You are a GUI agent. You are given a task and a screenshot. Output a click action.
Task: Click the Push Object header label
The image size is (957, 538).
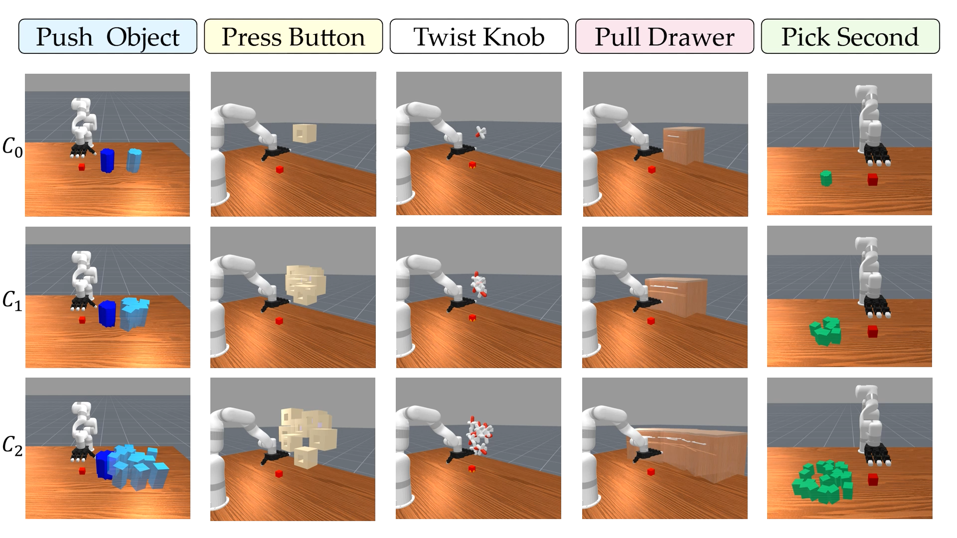pos(108,36)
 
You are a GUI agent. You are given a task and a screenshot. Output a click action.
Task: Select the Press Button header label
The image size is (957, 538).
pos(293,36)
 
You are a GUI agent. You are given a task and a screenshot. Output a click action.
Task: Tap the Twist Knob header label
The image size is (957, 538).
pos(479,36)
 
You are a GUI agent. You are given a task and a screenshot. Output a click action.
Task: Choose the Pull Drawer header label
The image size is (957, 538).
pos(664,36)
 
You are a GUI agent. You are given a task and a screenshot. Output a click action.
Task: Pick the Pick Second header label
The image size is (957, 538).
pos(850,36)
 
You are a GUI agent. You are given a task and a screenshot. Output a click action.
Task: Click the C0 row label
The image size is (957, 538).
pos(12,147)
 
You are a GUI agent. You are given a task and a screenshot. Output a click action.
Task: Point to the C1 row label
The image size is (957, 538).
pos(12,300)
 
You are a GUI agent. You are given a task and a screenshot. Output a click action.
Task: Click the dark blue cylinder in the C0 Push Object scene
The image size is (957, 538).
pos(107,160)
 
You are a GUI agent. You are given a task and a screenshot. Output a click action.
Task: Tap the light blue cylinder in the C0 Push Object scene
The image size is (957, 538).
pos(134,160)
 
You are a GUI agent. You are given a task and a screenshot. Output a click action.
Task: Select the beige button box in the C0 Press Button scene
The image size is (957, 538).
pos(304,133)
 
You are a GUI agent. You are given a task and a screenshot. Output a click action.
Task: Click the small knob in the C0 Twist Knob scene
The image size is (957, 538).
pos(480,132)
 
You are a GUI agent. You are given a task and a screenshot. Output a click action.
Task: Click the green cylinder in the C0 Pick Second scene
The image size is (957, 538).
pos(826,178)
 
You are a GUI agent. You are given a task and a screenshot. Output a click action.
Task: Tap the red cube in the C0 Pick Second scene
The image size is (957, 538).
pos(872,179)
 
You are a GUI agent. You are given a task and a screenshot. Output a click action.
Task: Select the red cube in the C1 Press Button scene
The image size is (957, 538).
pos(279,321)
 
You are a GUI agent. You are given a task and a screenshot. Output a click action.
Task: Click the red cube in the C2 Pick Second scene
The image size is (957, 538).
pos(873,479)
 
